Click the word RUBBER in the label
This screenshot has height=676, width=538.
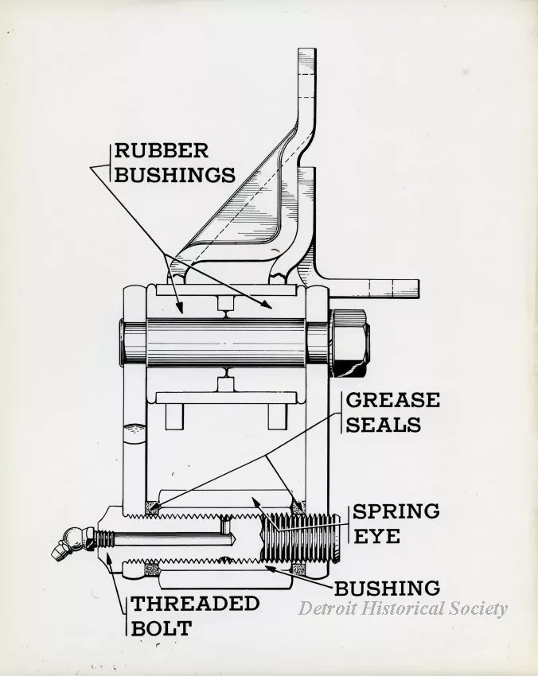click(x=162, y=150)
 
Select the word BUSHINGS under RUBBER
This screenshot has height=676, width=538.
click(x=175, y=174)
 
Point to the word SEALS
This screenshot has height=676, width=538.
click(x=383, y=424)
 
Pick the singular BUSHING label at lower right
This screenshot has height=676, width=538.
click(x=387, y=589)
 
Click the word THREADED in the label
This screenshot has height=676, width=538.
click(x=195, y=604)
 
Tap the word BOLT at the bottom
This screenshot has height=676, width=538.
click(x=162, y=627)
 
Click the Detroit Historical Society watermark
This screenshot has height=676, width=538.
click(x=402, y=609)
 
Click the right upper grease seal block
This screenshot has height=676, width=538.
click(x=297, y=504)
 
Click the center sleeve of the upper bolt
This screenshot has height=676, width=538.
click(x=226, y=340)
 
